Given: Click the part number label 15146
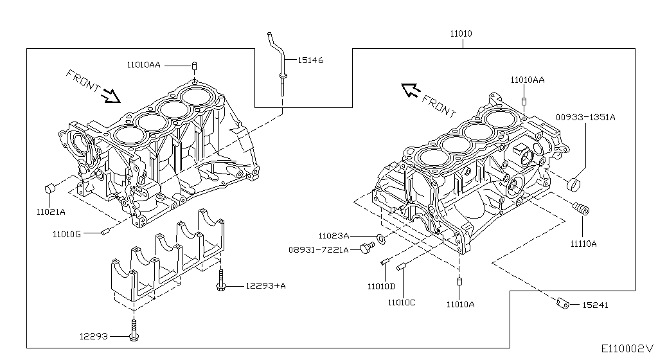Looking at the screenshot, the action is click(310, 60).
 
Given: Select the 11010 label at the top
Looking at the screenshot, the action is click(461, 33).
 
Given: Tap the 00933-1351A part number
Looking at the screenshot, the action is click(585, 118).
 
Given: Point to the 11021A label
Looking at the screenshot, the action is click(51, 212).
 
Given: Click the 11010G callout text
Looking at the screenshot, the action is click(67, 234).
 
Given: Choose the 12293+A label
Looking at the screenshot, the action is click(265, 285).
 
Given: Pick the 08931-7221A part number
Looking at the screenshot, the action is click(319, 250).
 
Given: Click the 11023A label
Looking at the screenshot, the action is click(333, 236).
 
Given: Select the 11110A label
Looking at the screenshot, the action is click(583, 244).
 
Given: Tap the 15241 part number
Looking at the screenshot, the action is click(595, 305).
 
